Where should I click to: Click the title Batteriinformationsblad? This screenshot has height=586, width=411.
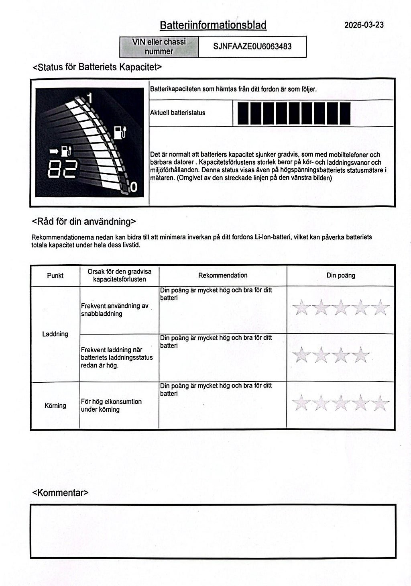[213, 25]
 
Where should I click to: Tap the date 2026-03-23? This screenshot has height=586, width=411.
[364, 25]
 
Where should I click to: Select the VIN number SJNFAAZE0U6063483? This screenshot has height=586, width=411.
[252, 47]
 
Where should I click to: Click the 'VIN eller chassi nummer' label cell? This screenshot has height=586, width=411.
[159, 47]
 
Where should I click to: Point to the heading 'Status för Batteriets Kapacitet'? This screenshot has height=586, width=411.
[97, 67]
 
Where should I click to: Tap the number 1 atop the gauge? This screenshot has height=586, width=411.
[90, 98]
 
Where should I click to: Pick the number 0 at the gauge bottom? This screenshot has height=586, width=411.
[134, 187]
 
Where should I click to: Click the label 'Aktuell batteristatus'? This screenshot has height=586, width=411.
[177, 113]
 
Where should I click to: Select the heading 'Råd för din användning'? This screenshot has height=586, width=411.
[83, 221]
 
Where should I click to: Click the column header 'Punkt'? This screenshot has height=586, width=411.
[55, 276]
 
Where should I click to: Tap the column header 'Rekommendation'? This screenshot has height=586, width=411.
[223, 275]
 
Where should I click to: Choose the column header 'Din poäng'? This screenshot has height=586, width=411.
[340, 275]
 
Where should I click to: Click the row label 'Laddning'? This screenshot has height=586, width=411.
[55, 334]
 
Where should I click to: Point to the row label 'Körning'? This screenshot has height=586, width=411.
[55, 405]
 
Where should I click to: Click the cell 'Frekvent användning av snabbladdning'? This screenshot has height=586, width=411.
[115, 310]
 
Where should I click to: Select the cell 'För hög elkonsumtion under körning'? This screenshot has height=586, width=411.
[111, 405]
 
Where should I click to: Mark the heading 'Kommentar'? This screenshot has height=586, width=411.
[60, 492]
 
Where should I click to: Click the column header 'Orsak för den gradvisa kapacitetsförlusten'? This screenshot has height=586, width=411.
[119, 275]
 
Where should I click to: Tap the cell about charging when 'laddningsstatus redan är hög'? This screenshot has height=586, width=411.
[116, 357]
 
